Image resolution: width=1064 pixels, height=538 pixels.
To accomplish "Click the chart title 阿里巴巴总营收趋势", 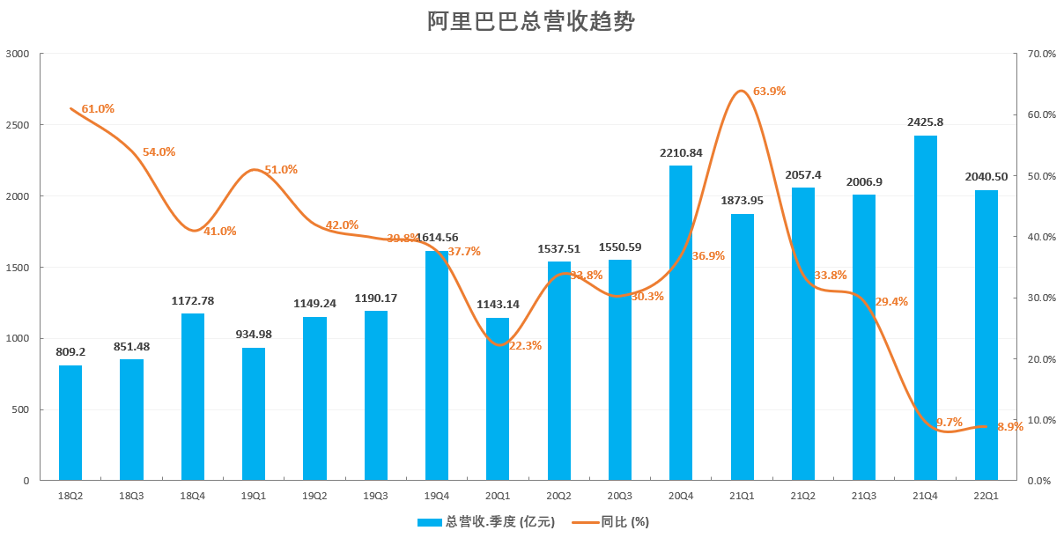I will click(531, 22).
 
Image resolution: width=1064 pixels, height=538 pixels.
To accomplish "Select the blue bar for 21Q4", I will click(925, 308).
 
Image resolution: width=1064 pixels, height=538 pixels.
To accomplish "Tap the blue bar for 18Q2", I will click(70, 423).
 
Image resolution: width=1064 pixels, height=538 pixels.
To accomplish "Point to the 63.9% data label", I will click(769, 92).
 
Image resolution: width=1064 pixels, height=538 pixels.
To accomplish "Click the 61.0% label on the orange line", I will click(98, 109).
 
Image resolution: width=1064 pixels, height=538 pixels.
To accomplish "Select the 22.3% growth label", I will click(526, 346).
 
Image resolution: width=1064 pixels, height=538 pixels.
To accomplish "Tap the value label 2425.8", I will click(925, 122).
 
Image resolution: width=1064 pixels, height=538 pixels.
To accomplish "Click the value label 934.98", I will click(254, 335).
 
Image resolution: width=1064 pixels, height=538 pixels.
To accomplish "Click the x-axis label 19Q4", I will click(437, 497).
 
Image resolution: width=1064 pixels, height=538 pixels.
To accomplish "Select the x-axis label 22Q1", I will click(986, 497).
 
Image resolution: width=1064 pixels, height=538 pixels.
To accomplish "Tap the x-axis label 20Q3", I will click(620, 497).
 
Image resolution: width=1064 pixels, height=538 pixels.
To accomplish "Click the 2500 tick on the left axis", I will click(18, 125).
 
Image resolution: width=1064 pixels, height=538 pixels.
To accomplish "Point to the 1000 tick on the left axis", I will click(18, 338).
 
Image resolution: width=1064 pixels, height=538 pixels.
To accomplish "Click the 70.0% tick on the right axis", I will click(1041, 54).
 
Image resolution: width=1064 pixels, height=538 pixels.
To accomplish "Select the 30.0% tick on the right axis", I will click(1041, 298).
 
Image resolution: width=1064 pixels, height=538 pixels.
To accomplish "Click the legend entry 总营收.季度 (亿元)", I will click(486, 522).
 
